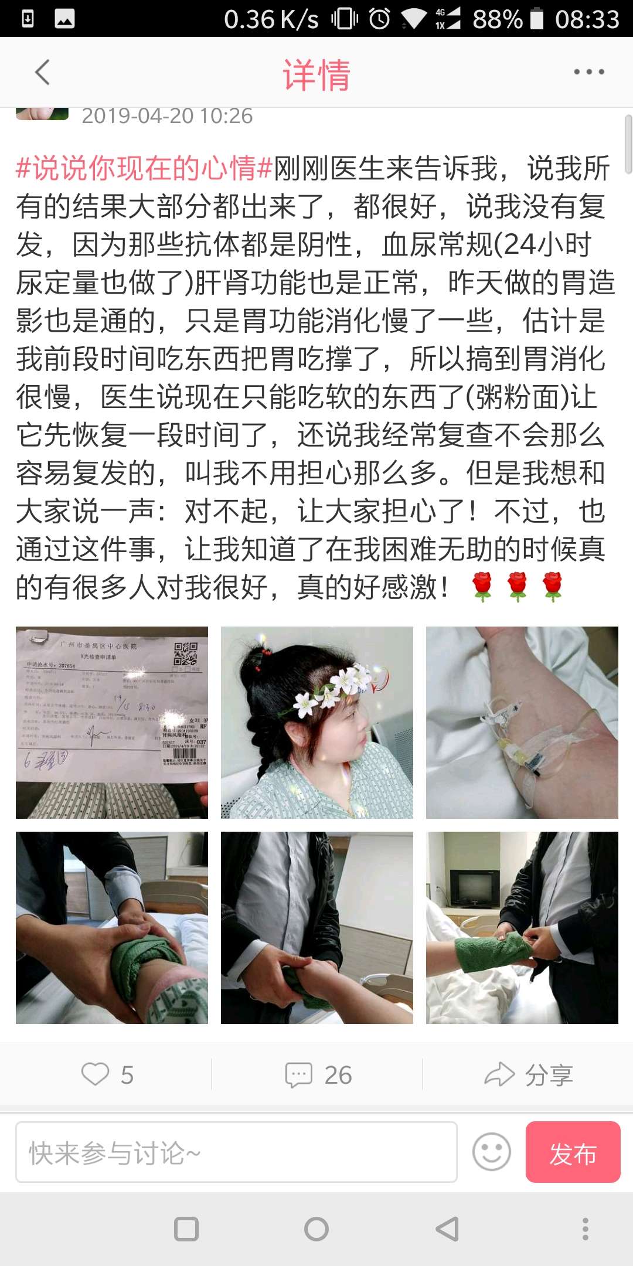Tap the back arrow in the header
(x=42, y=73)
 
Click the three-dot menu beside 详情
(x=588, y=72)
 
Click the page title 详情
(x=316, y=74)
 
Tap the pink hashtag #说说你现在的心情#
(x=144, y=168)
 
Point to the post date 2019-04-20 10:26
(x=167, y=116)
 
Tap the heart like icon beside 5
(x=95, y=1074)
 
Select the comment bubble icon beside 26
(x=298, y=1075)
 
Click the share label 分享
(x=548, y=1075)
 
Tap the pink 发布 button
(x=573, y=1152)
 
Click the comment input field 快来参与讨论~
(x=236, y=1152)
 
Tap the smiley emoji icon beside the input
(x=491, y=1152)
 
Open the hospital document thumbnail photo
(x=111, y=722)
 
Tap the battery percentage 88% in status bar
(x=497, y=19)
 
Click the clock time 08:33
(x=587, y=19)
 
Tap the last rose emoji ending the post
(x=552, y=587)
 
